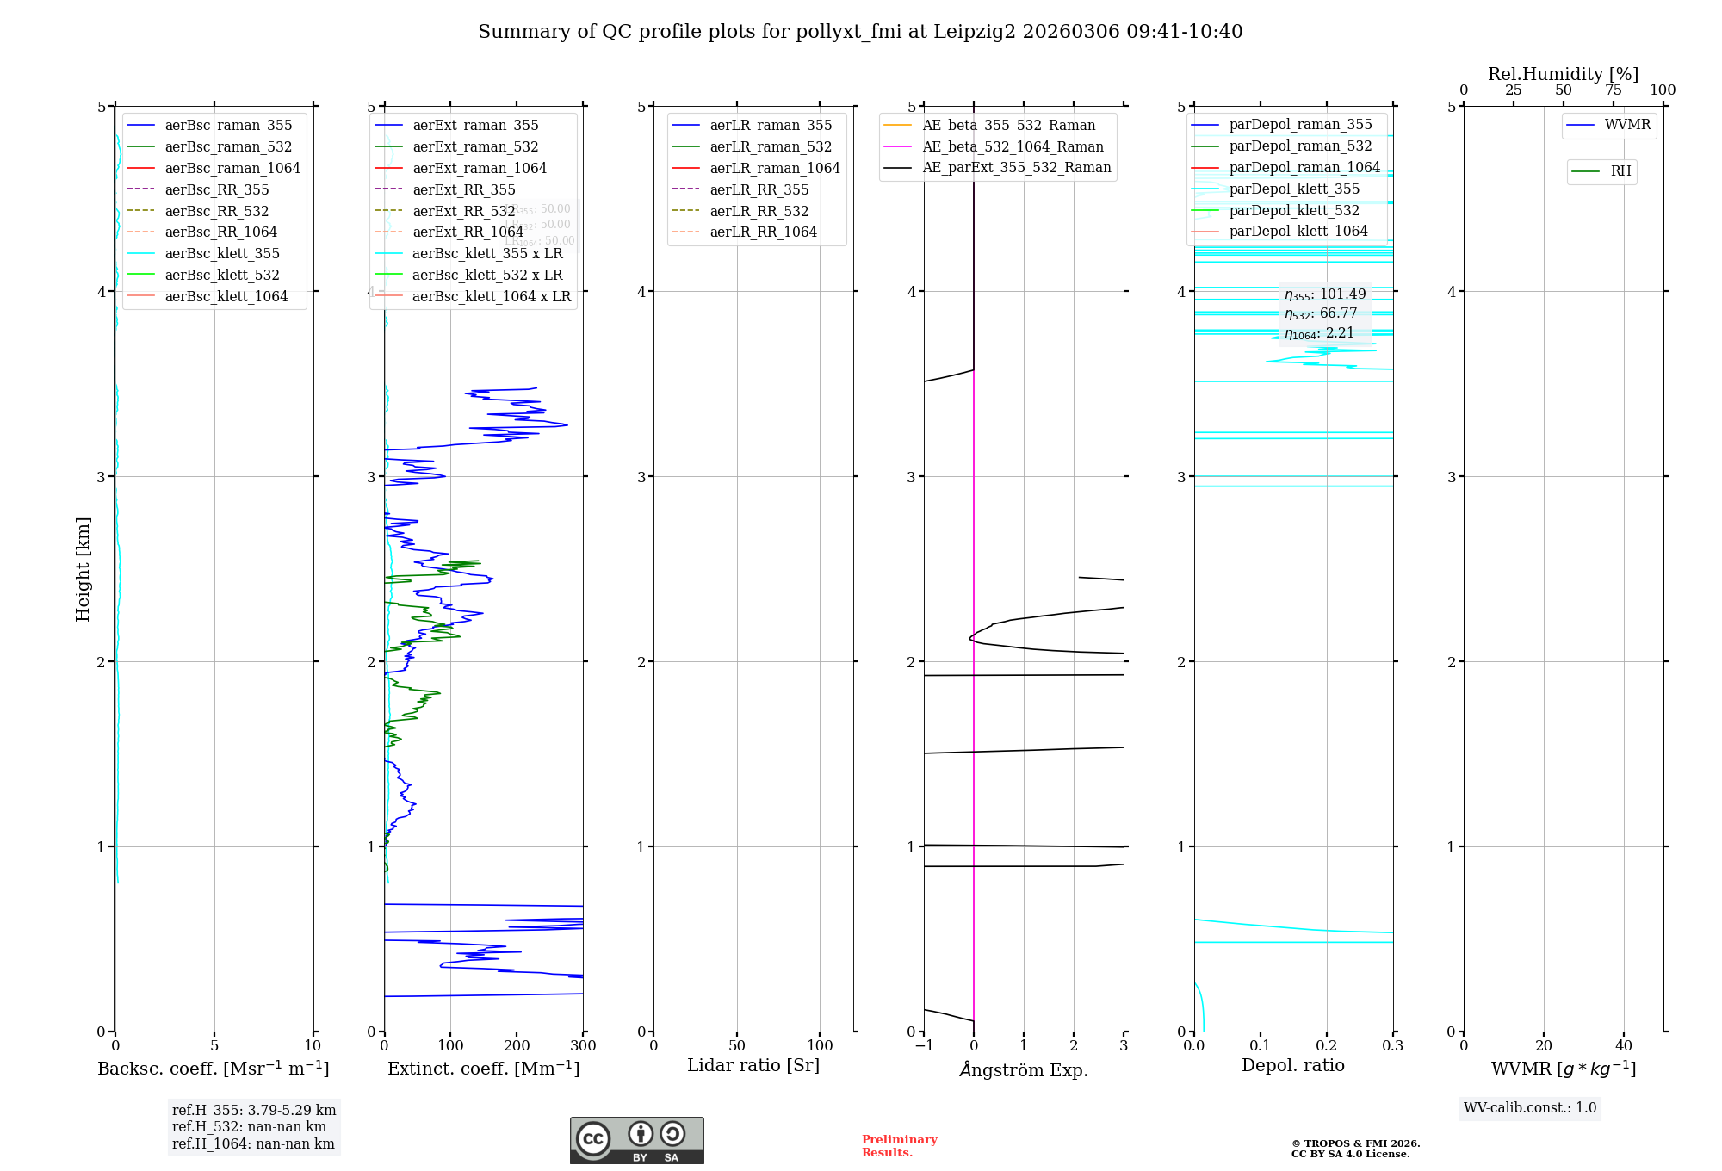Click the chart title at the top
[860, 32]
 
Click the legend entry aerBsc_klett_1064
[226, 296]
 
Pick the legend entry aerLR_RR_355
[759, 189]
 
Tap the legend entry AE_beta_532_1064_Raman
[1013, 146]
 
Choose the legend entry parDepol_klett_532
[1294, 210]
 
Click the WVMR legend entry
[1626, 125]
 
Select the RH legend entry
[1620, 171]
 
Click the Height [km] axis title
[83, 568]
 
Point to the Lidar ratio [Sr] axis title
[753, 1065]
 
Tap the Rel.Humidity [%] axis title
[1563, 74]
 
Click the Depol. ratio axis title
[1292, 1065]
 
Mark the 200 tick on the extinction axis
[517, 1045]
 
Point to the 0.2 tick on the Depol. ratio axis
[1327, 1045]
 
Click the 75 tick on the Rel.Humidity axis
[1613, 90]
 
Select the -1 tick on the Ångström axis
[924, 1045]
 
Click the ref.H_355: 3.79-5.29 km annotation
[254, 1111]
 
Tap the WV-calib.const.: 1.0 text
[1530, 1108]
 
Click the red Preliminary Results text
[899, 1145]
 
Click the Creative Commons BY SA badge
[636, 1140]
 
